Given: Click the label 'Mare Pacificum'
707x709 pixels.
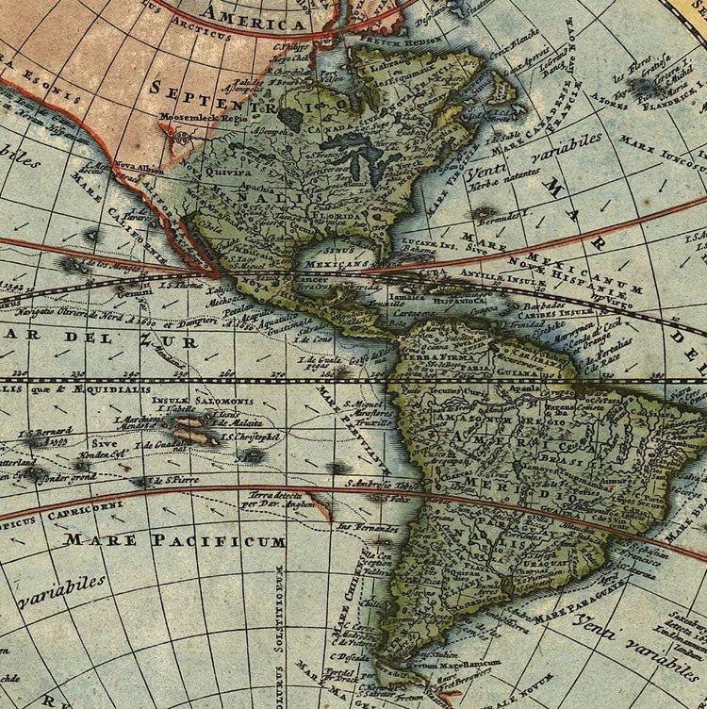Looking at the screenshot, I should coord(175,541).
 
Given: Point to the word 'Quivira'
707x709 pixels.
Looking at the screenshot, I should coord(232,173).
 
